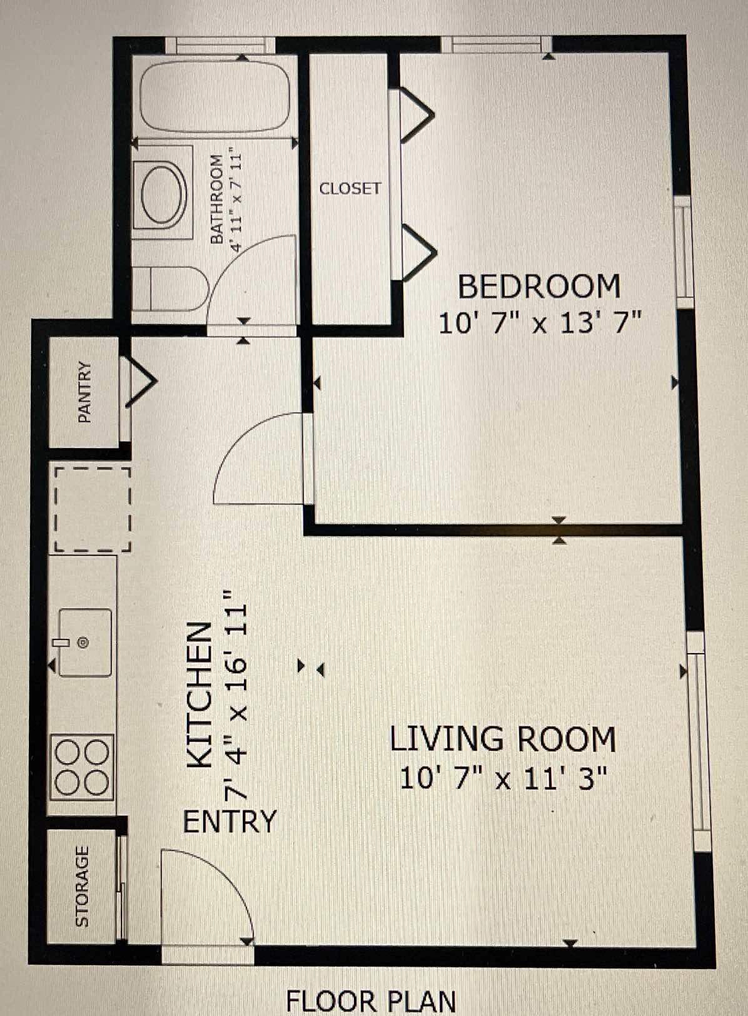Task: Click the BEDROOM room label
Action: [539, 287]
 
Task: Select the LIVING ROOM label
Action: [503, 739]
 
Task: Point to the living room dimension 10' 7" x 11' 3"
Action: [503, 779]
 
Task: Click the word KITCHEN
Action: [200, 695]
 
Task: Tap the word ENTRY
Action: [230, 821]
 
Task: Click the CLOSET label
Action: [350, 188]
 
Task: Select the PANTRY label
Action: [84, 392]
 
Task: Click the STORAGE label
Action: [82, 886]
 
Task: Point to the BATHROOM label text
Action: [216, 199]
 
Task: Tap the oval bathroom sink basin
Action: [163, 193]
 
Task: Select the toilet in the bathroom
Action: [170, 288]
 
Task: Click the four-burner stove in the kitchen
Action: [82, 767]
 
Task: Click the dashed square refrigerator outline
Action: [92, 509]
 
